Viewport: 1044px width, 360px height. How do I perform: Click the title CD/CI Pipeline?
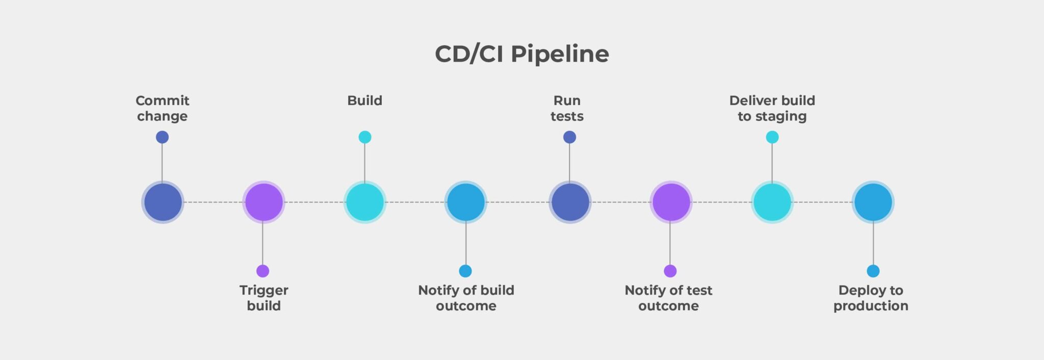point(521,54)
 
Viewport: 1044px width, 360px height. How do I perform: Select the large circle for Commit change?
point(163,202)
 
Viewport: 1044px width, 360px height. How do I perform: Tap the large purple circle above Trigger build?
point(264,202)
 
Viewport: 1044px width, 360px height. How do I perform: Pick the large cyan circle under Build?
point(365,202)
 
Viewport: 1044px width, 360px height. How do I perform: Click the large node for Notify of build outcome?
point(465,202)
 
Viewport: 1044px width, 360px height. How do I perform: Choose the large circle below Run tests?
point(570,202)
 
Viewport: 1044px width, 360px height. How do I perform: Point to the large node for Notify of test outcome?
point(671,202)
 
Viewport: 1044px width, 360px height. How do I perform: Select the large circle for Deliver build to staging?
point(772,202)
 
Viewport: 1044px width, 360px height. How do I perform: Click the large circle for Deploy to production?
point(873,202)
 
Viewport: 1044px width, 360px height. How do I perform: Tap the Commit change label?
point(162,108)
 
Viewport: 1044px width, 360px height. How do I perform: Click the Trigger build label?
point(264,298)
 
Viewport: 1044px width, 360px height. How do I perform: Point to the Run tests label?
point(567,108)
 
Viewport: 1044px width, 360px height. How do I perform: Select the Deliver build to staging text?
point(772,108)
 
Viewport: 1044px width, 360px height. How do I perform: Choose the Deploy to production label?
point(871,298)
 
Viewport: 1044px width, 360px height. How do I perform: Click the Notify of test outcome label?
point(668,298)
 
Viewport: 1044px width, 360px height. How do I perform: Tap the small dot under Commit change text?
point(162,137)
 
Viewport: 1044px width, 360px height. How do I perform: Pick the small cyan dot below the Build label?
point(365,137)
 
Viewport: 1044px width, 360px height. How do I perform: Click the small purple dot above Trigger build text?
point(263,271)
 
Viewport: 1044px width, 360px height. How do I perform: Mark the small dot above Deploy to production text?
point(873,271)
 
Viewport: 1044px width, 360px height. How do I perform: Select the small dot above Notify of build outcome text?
point(465,271)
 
